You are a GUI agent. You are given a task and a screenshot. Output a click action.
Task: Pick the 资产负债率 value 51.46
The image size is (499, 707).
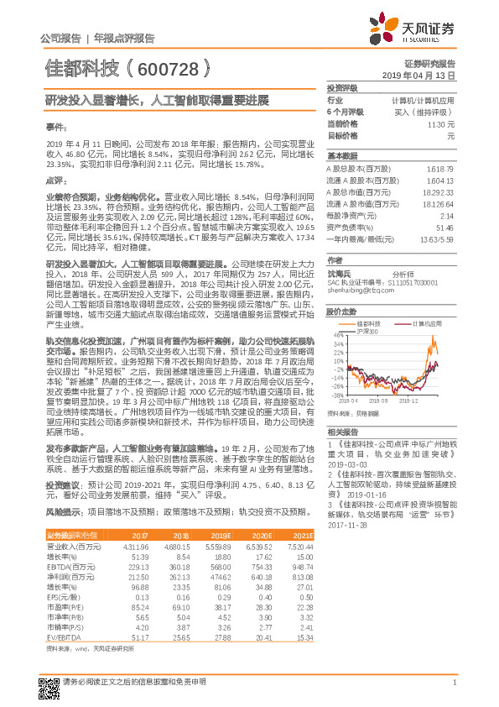(444, 227)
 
